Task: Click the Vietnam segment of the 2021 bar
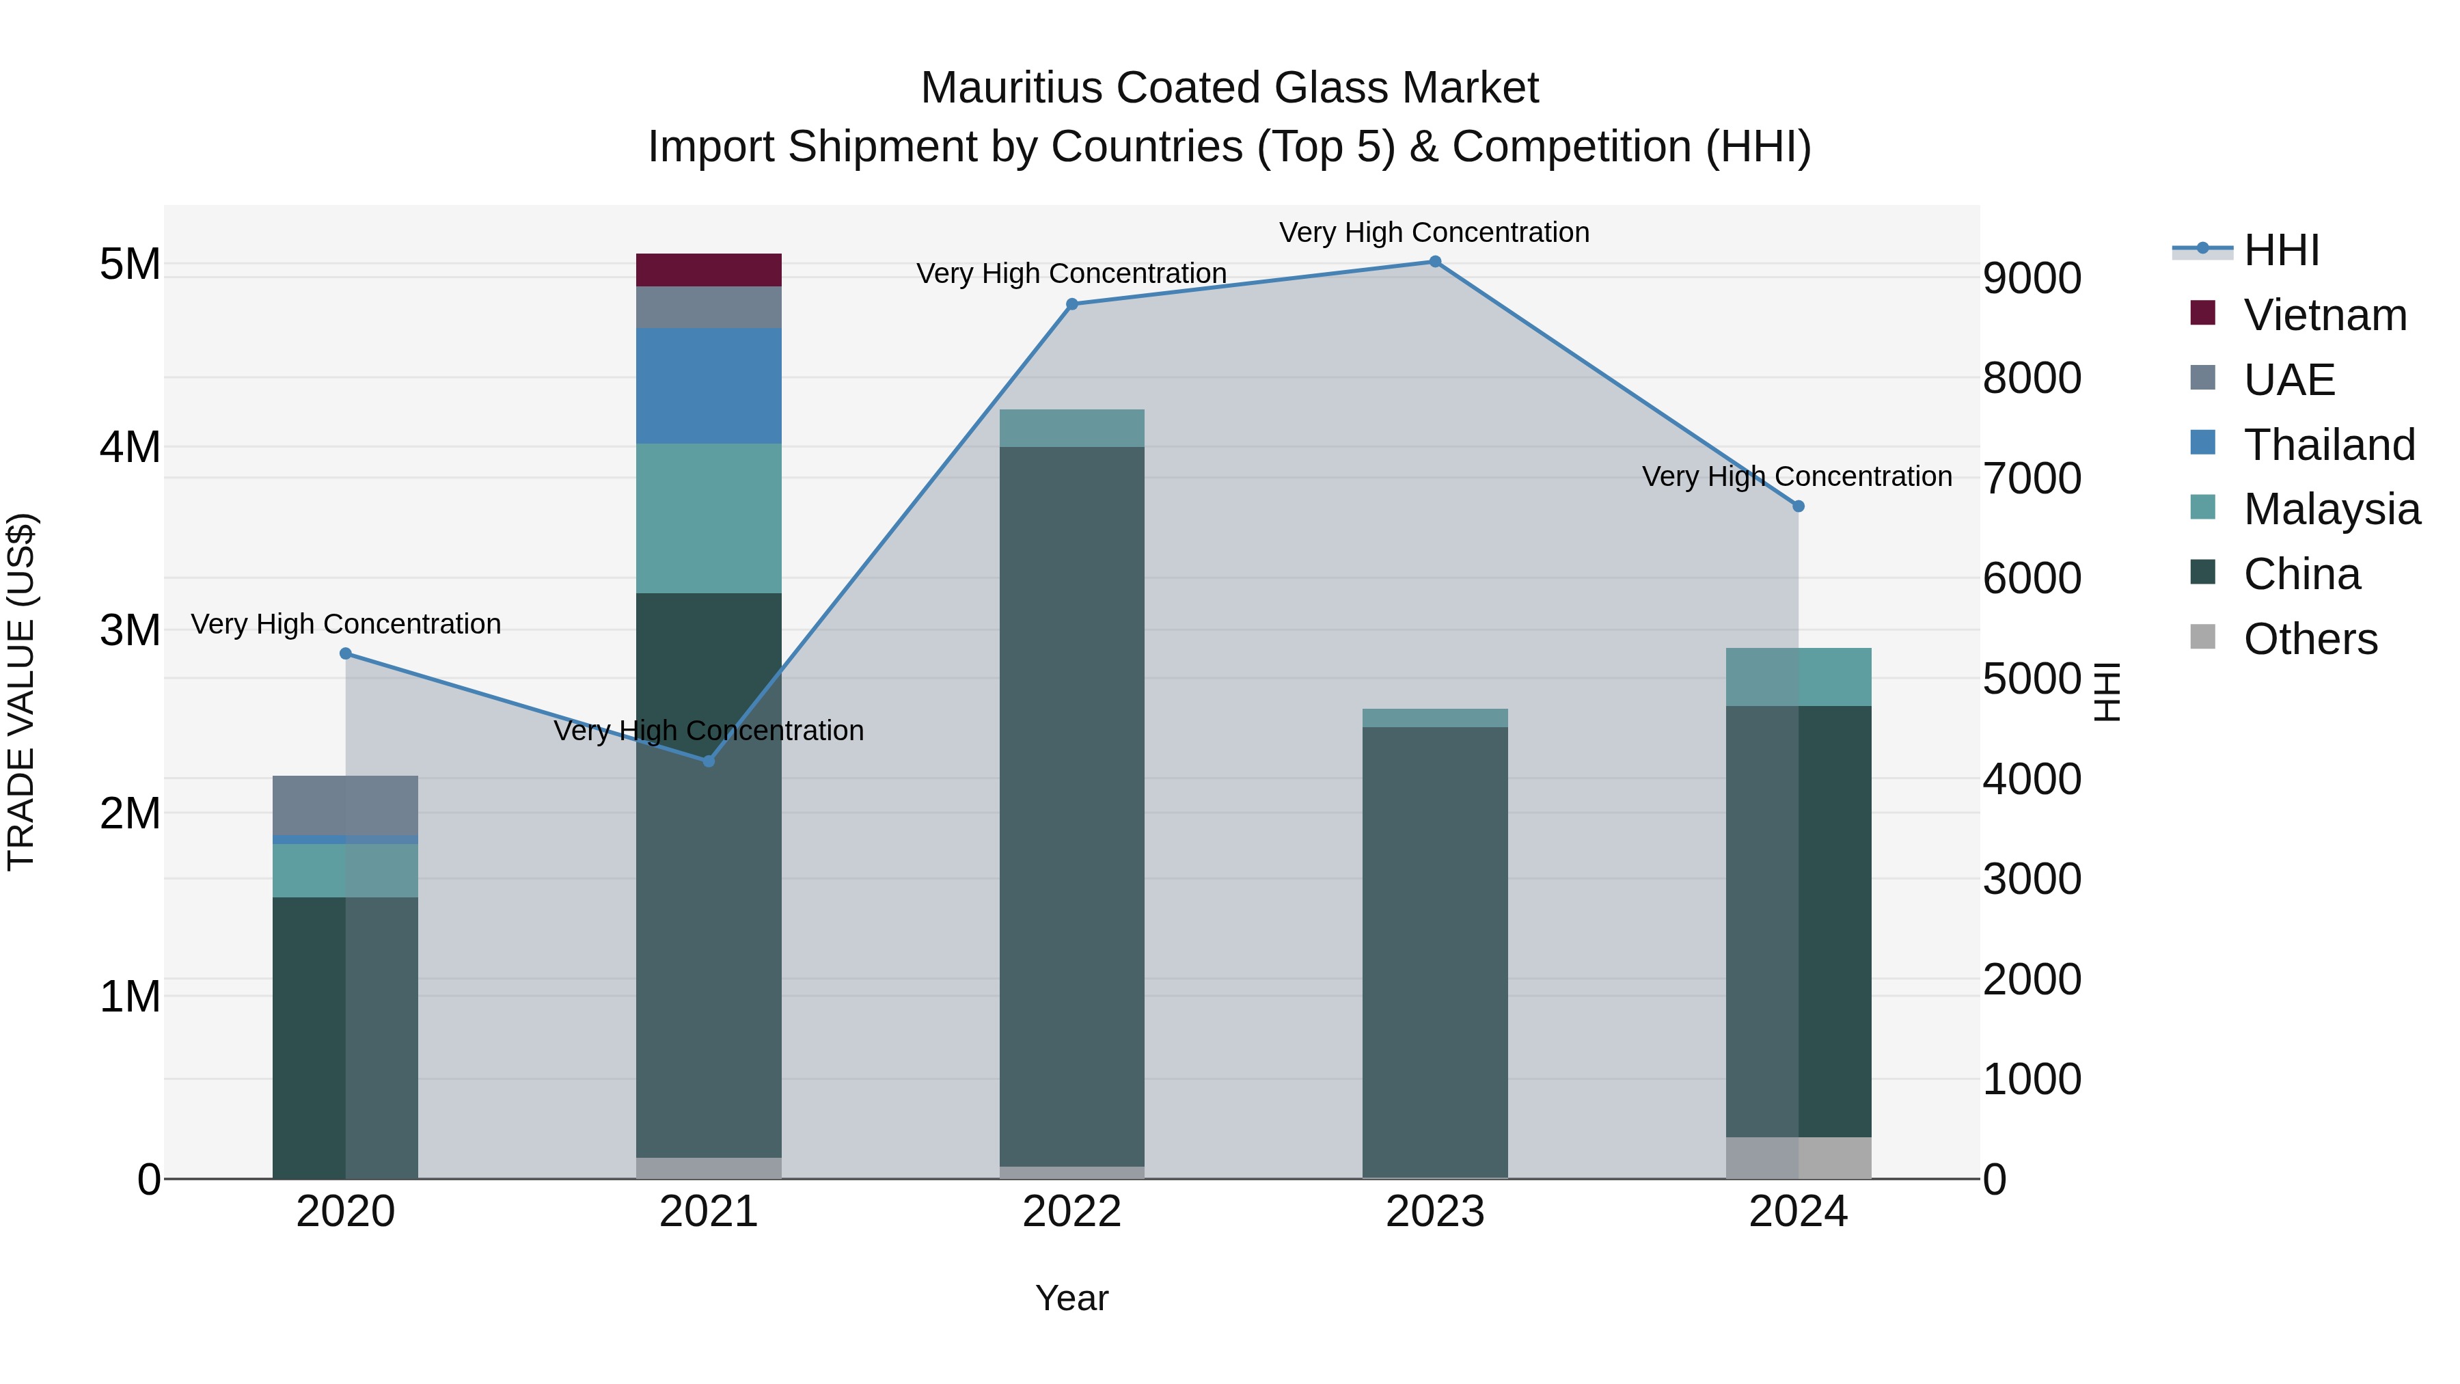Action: [x=709, y=270]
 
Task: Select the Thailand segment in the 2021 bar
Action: [x=709, y=386]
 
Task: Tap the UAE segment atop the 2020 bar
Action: [x=345, y=805]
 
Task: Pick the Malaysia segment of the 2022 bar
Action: [x=1071, y=428]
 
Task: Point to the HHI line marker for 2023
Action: [x=1434, y=262]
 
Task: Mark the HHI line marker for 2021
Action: [x=709, y=761]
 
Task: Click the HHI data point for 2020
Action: [x=346, y=653]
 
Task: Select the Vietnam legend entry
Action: [x=2325, y=315]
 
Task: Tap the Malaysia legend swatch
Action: [x=2202, y=507]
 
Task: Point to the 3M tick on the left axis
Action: [x=130, y=630]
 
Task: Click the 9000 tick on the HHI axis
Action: [x=2032, y=278]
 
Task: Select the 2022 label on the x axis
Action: [x=1071, y=1212]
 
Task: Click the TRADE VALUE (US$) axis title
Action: [x=21, y=692]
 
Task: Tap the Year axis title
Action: [x=1071, y=1298]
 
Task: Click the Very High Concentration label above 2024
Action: [x=1796, y=476]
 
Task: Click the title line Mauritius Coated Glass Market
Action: [x=1229, y=88]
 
